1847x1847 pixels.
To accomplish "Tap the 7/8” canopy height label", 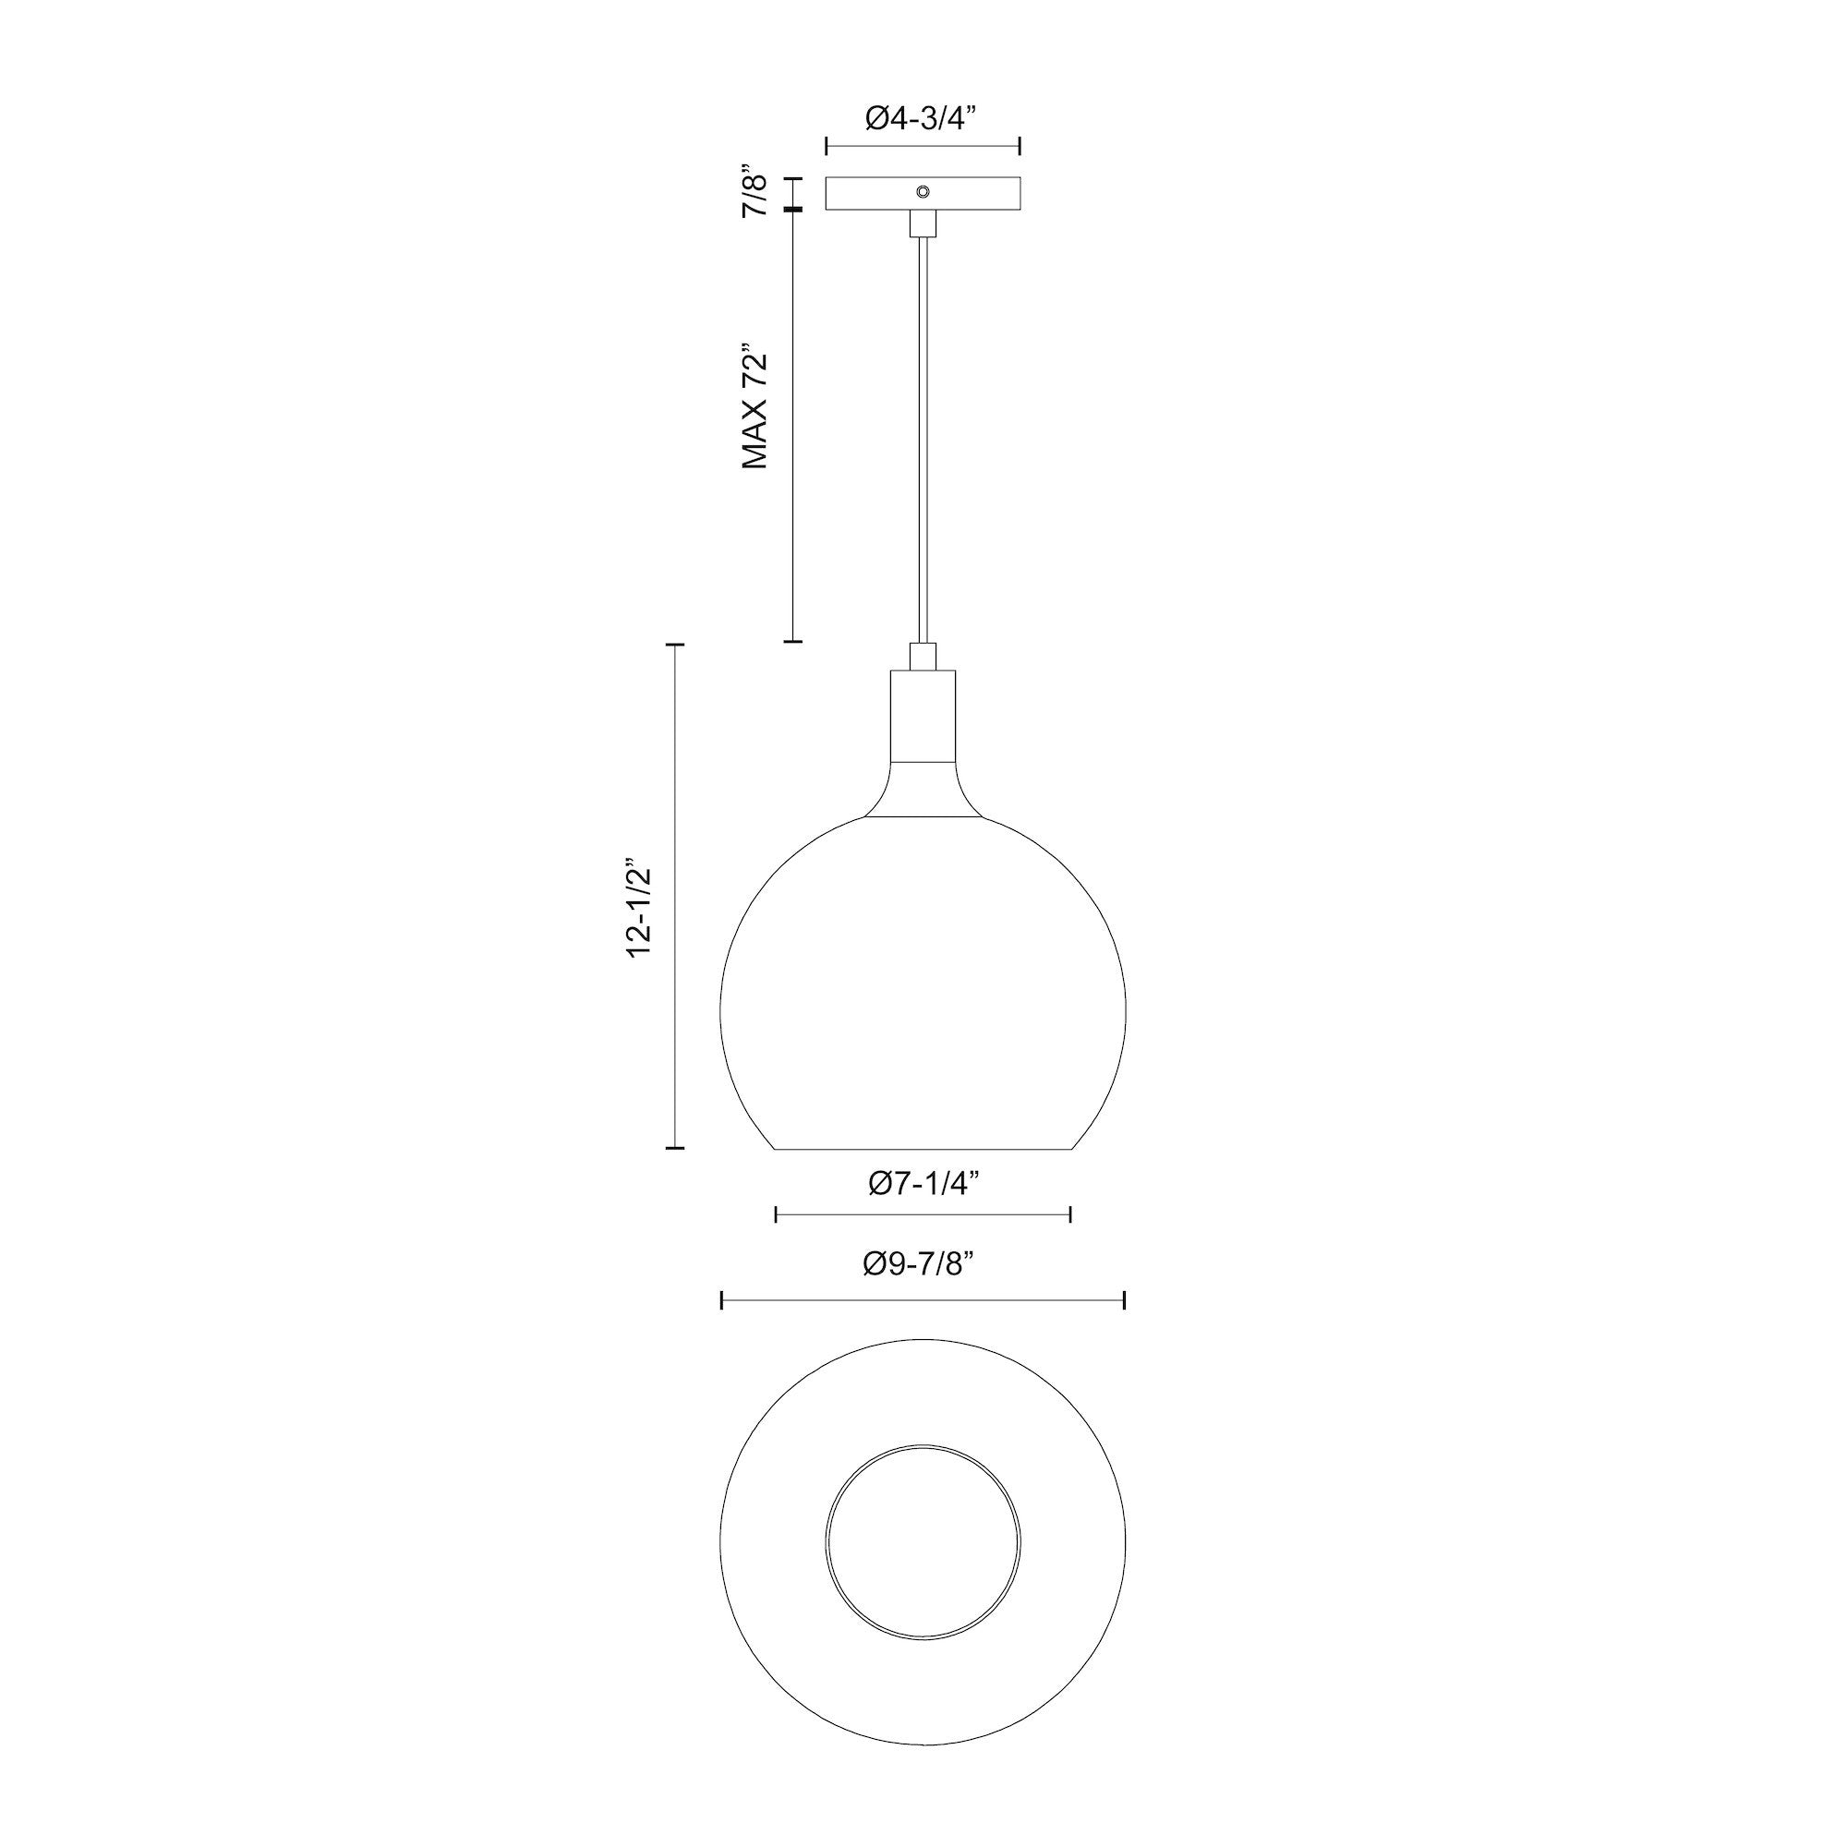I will tap(755, 194).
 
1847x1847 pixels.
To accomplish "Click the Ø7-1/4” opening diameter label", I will tap(923, 1185).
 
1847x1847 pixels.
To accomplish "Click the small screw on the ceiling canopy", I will tap(923, 191).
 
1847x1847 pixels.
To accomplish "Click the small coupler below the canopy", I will tap(923, 223).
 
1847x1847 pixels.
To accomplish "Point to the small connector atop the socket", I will tap(923, 657).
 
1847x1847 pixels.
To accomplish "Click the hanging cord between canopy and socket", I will tap(923, 440).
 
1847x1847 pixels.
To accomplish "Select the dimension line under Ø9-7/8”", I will tap(923, 1300).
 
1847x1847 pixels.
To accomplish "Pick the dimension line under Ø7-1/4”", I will tap(923, 1215).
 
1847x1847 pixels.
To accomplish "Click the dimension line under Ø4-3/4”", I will tap(923, 146).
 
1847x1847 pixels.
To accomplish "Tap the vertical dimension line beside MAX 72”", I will tap(792, 426).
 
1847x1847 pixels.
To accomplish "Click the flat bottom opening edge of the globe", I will tap(923, 1148).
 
